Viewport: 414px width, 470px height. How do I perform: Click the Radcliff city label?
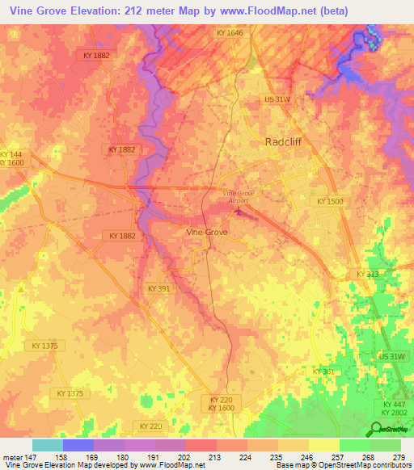285,141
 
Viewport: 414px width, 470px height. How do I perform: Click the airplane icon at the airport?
238,212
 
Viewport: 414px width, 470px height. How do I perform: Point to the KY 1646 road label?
230,32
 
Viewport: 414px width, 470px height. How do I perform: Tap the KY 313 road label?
367,275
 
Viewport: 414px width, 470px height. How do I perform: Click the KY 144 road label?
11,154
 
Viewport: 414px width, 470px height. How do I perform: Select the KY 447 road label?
394,404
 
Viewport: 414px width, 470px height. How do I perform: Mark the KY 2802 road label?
394,413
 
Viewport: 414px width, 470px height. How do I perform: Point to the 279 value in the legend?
400,456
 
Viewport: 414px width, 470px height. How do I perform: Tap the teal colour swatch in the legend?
48,445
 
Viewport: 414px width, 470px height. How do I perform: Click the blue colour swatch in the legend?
78,445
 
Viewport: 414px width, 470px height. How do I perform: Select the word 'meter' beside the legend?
11,456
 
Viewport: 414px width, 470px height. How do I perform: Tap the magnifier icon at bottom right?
377,429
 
